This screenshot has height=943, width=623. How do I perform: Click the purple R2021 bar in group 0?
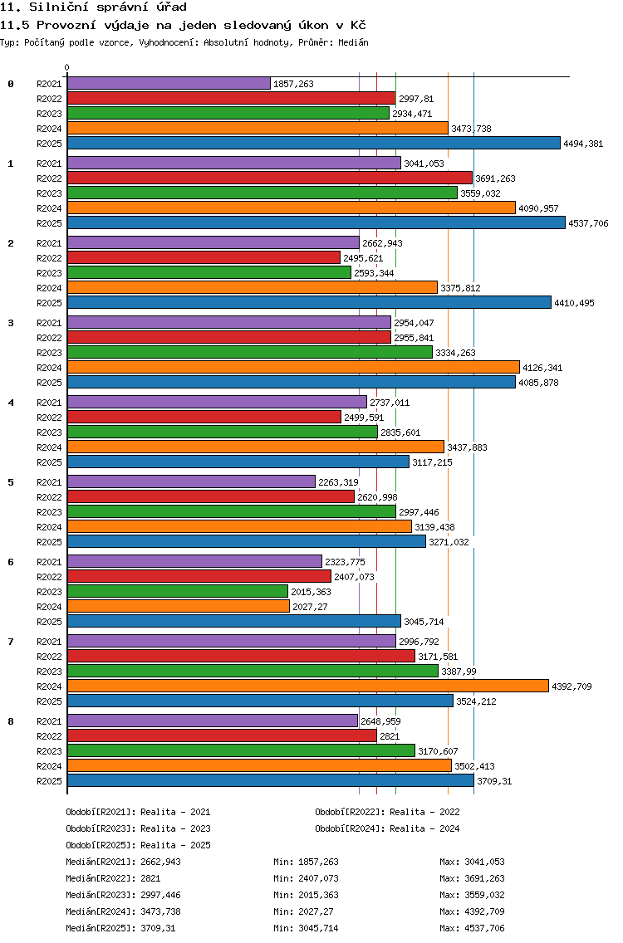(169, 84)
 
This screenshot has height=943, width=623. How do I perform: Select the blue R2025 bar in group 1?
(316, 223)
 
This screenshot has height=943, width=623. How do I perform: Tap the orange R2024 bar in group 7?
(308, 686)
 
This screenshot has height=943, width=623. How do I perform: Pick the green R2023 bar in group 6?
(178, 592)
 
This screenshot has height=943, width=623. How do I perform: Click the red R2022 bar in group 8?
(222, 736)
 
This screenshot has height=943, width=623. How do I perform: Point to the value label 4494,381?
(583, 144)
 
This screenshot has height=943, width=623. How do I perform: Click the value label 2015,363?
(311, 592)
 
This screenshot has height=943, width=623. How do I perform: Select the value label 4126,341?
(543, 368)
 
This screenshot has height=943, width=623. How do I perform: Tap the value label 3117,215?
(432, 462)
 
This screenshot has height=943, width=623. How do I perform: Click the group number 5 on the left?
(11, 482)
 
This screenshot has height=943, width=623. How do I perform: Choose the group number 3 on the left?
(11, 323)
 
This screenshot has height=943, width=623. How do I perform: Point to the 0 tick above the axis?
(66, 67)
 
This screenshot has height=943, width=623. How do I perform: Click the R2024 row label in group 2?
(49, 288)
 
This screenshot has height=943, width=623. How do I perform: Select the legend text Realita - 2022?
(424, 812)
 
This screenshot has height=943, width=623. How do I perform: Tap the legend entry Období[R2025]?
(101, 845)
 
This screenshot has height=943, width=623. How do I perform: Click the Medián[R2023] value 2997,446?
(160, 895)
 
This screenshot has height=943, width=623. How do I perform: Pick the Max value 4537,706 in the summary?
(484, 928)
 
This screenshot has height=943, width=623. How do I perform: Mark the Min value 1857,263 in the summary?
(318, 862)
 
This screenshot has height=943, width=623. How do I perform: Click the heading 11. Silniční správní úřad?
(93, 7)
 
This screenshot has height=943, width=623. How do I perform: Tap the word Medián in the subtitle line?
(353, 42)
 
